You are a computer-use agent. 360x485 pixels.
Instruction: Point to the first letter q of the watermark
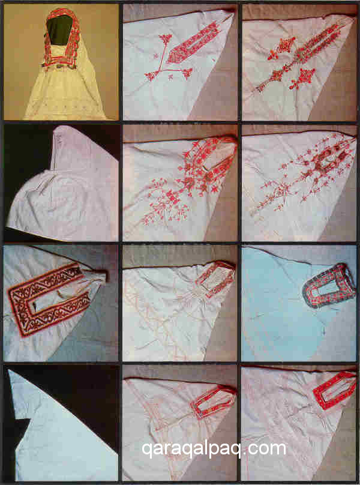point(147,451)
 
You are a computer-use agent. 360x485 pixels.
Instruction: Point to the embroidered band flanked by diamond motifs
point(309,49)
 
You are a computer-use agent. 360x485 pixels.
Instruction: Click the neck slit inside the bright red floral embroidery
point(218,161)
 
